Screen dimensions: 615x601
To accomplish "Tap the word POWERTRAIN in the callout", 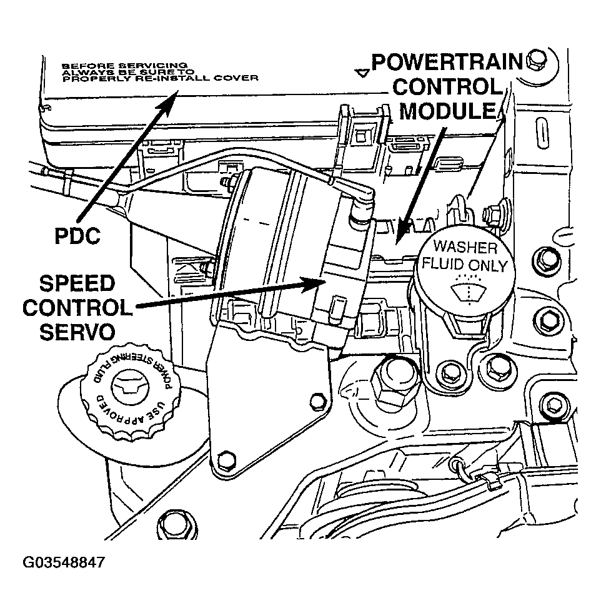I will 446,63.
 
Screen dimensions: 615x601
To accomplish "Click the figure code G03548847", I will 64,562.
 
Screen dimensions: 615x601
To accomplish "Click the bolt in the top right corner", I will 536,60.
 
